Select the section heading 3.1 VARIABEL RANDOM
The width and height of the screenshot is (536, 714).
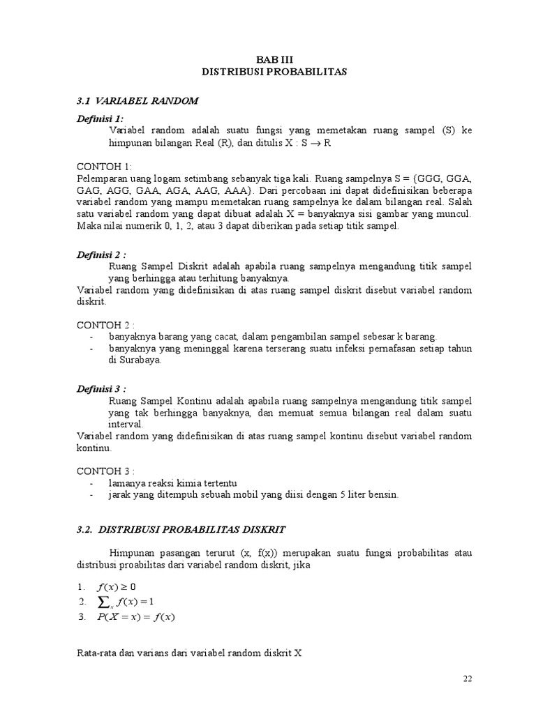click(137, 101)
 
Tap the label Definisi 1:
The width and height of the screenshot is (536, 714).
click(100, 119)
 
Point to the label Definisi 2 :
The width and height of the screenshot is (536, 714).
click(102, 256)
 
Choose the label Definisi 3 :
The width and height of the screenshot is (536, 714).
click(102, 389)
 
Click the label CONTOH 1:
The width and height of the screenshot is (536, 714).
click(103, 167)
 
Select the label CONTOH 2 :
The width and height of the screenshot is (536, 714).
click(105, 324)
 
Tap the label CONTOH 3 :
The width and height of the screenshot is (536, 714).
click(105, 469)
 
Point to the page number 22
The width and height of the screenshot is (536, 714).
click(468, 679)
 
